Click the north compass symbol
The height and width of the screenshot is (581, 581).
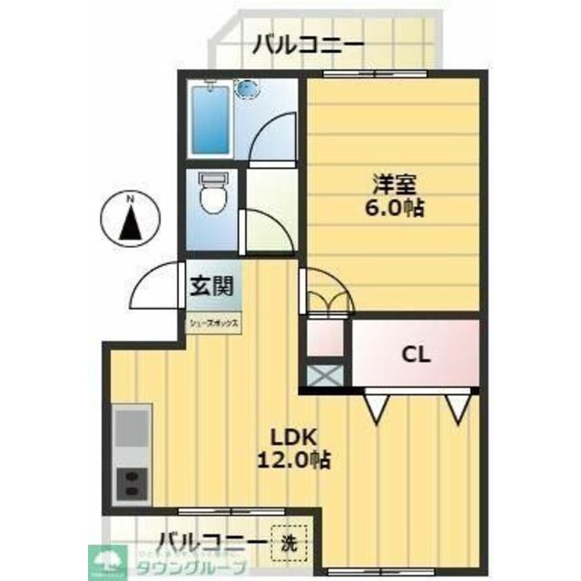(131, 219)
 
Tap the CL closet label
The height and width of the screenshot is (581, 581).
(416, 354)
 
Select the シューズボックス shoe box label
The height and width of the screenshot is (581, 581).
(213, 321)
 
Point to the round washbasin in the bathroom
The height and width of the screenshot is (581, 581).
(247, 90)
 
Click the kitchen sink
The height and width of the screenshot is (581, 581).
(133, 428)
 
